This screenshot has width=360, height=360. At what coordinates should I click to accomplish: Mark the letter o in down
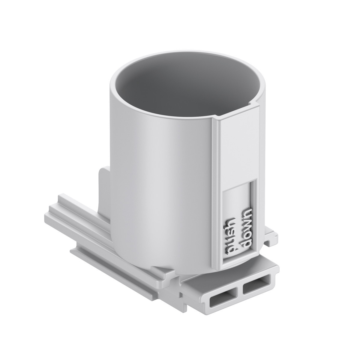[247, 235]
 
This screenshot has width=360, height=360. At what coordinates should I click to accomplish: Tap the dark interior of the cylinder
[180, 90]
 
